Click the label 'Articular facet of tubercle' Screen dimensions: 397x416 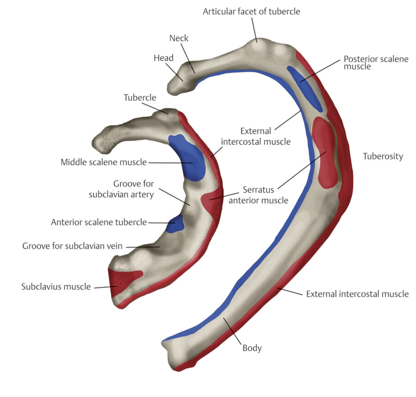(251, 11)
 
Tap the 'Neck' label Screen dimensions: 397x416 (179, 38)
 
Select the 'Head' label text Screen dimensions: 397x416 (164, 58)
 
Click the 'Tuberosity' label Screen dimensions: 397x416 (383, 156)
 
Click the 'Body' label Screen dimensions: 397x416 (252, 348)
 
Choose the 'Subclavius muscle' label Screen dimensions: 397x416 (56, 287)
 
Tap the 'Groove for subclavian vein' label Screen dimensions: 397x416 (72, 246)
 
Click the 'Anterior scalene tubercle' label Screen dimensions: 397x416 (98, 222)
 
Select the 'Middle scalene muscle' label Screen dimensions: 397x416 (104, 162)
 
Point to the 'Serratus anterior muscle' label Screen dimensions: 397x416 (265, 195)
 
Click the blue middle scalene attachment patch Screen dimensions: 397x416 (189, 157)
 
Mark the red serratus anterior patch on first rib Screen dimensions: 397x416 (212, 203)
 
